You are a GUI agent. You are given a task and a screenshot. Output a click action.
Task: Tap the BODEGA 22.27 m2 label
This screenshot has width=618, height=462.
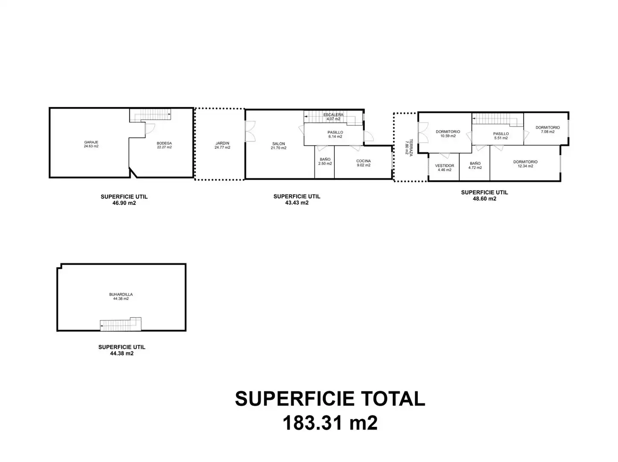click(164, 145)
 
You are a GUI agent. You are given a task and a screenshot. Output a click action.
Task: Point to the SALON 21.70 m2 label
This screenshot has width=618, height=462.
click(278, 145)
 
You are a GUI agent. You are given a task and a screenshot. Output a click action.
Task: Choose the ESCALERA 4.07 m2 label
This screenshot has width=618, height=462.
click(333, 117)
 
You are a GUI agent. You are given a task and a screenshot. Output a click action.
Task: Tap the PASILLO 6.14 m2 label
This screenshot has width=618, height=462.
click(335, 134)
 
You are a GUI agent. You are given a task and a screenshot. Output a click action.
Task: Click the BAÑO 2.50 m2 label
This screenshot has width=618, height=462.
click(325, 161)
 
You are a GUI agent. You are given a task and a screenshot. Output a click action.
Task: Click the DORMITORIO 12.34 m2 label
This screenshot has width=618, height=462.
click(525, 164)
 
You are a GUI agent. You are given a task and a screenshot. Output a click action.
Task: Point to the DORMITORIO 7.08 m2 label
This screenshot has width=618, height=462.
click(548, 129)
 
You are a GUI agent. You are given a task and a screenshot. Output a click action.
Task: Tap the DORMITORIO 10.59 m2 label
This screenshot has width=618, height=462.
click(448, 133)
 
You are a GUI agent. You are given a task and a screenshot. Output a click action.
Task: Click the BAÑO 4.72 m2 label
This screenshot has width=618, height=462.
click(475, 165)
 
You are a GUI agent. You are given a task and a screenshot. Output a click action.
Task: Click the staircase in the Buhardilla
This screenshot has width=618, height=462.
click(120, 324)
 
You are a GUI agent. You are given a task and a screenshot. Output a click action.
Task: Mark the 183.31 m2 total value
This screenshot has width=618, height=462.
click(330, 423)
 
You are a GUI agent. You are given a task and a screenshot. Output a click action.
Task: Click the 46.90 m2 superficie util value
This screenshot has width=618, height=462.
click(124, 203)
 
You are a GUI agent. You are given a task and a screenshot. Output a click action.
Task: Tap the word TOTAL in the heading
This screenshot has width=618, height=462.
click(393, 399)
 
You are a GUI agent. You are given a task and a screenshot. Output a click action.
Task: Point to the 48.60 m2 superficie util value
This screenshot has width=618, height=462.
click(484, 198)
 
